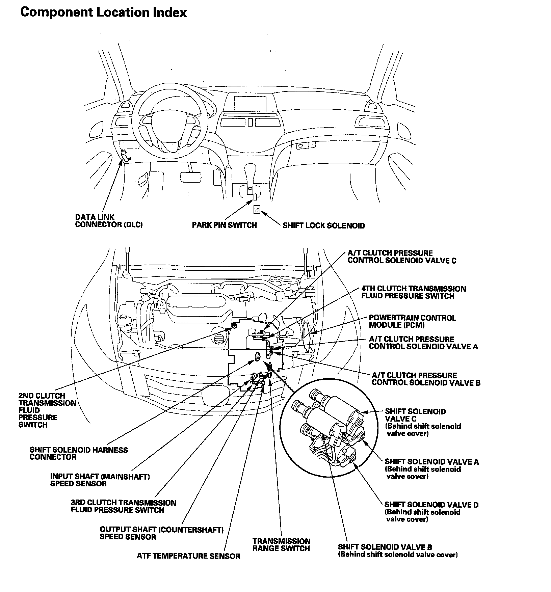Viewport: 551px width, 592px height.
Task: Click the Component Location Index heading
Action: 103,13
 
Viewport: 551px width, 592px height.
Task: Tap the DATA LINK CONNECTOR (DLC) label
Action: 109,221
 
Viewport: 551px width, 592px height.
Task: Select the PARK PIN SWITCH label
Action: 224,225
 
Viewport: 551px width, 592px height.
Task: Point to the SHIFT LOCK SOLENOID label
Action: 323,225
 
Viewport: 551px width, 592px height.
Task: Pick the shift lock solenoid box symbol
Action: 257,210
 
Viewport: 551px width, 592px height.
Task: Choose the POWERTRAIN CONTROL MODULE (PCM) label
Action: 412,321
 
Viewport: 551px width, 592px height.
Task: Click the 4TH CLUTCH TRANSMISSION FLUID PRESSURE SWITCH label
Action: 413,292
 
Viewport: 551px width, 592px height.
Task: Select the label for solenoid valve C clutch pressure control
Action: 402,257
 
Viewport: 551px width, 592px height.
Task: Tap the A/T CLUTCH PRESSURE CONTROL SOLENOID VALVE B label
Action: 426,379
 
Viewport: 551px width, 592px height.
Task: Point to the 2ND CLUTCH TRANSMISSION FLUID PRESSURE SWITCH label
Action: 47,410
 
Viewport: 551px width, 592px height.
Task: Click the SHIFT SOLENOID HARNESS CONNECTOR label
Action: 79,453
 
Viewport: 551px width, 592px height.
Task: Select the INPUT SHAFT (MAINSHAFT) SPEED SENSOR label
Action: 100,480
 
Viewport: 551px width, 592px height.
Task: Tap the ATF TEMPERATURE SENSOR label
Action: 188,556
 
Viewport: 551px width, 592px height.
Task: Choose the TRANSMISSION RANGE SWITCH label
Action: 281,545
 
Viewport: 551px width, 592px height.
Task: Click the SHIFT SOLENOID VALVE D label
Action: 431,505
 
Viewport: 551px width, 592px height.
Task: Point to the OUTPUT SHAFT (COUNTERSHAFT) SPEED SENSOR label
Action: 161,533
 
